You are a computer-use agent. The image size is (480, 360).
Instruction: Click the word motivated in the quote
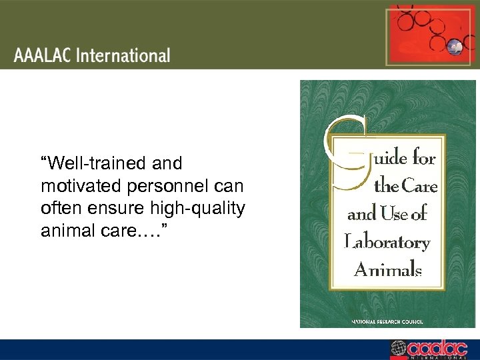coord(74,185)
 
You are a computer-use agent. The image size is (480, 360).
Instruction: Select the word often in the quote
coord(59,207)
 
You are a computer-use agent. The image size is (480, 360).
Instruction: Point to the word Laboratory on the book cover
coord(387,242)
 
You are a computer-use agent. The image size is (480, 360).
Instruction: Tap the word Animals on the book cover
coord(388,269)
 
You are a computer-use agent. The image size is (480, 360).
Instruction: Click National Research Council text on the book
coord(387,321)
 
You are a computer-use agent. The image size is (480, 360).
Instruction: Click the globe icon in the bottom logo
coord(398,348)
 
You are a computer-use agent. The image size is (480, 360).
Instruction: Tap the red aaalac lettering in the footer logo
coord(437,347)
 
